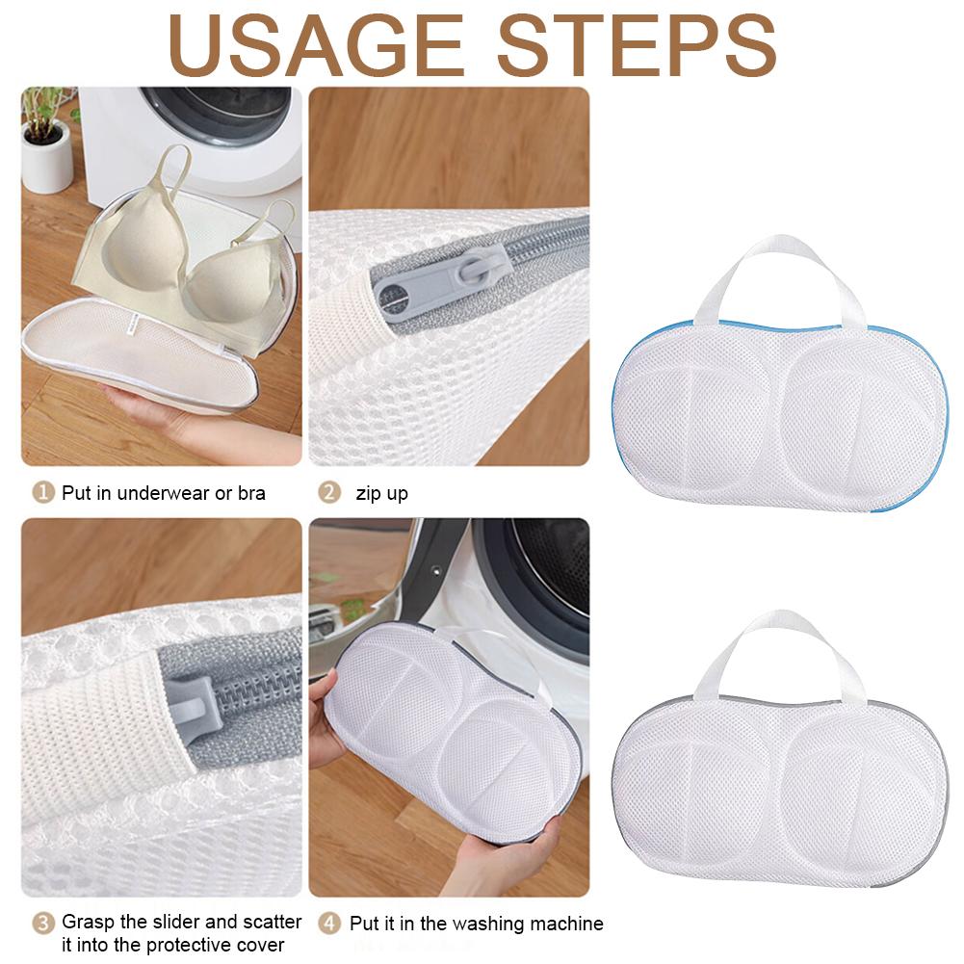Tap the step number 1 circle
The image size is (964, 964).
tap(43, 493)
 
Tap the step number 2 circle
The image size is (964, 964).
tap(330, 493)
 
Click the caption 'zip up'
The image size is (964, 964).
tap(381, 494)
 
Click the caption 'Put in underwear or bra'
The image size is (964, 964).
tap(163, 494)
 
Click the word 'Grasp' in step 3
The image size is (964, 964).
tap(89, 923)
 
